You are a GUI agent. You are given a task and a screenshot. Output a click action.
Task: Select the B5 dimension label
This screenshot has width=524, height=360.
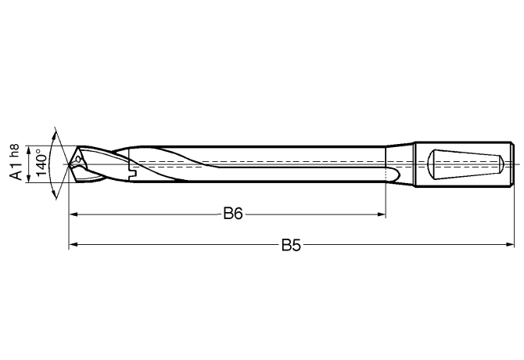(291, 246)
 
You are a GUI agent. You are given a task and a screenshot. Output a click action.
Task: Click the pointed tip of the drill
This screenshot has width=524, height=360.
(70, 164)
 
